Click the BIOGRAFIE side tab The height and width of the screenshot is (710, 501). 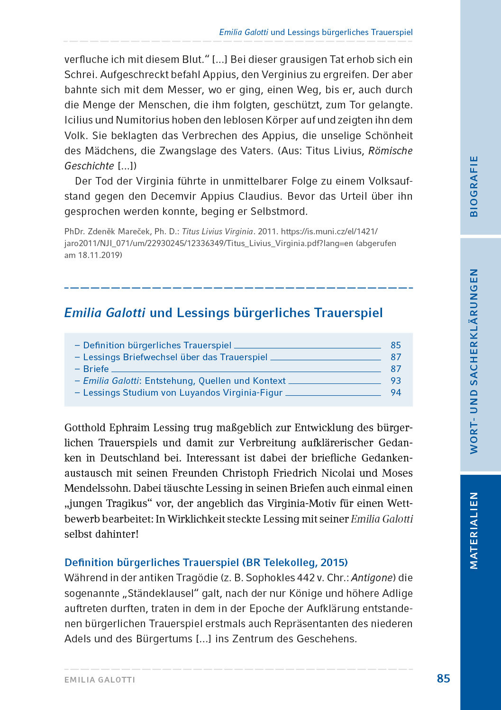[x=474, y=186]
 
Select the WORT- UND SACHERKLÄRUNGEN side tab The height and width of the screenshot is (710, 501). [x=474, y=361]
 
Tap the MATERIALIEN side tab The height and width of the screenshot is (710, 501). [x=474, y=530]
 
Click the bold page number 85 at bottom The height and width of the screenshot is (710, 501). [x=443, y=678]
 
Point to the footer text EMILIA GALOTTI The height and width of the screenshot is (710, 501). [x=100, y=680]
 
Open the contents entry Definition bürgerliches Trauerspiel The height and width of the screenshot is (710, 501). [x=157, y=345]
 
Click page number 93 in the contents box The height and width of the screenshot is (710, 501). [x=396, y=381]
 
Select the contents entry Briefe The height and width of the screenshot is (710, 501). [x=96, y=369]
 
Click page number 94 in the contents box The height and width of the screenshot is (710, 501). [x=396, y=392]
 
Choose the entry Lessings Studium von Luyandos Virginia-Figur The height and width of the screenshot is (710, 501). [x=182, y=392]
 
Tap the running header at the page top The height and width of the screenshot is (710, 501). [x=316, y=32]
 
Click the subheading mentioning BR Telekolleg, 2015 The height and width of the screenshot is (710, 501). [x=206, y=562]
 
